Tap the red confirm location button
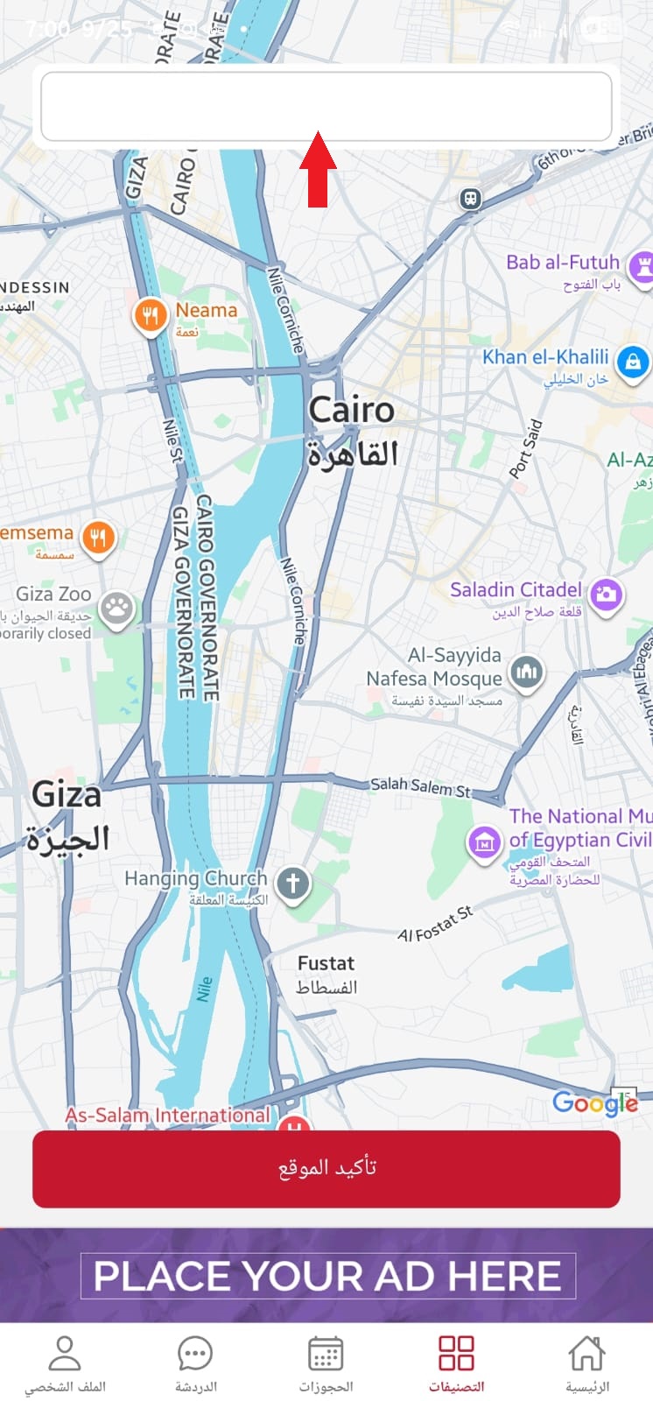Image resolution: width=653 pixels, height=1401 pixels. (326, 1168)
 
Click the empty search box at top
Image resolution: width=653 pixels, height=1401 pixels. (326, 106)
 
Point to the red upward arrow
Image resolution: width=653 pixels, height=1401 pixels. (318, 169)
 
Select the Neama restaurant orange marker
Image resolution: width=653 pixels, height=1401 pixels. (150, 315)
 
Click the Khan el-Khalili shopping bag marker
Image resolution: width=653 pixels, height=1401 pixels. (632, 361)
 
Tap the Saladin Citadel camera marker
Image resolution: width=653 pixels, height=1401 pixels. (606, 595)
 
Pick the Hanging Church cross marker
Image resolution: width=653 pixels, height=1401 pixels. (293, 883)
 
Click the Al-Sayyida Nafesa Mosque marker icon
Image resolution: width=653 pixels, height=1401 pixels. (526, 672)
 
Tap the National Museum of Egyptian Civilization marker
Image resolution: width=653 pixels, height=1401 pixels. (483, 842)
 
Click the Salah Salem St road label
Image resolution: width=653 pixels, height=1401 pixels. (420, 786)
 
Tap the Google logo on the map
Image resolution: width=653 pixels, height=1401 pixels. (594, 1102)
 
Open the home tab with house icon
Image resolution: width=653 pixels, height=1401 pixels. (586, 1362)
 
